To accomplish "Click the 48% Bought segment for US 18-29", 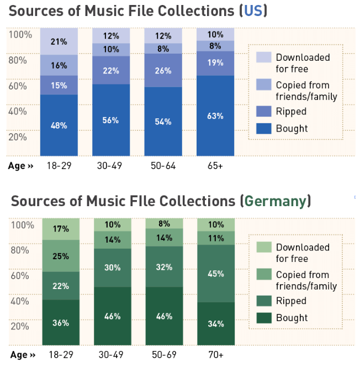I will click(59, 125).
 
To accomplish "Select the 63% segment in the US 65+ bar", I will click(215, 116).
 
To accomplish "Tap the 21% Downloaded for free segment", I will click(59, 41).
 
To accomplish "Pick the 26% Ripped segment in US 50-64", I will click(163, 71).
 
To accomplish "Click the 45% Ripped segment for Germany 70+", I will click(216, 273).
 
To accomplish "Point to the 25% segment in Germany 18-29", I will click(61, 256).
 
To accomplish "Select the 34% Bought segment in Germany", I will click(216, 323).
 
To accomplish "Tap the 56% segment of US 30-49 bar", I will click(111, 120).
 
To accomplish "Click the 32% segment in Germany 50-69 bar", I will click(164, 266).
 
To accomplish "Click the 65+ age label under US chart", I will click(215, 166).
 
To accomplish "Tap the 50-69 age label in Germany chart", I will click(164, 354).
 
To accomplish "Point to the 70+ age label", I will click(216, 354).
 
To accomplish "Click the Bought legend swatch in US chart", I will click(262, 128).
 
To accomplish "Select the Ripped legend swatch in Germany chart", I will click(262, 301).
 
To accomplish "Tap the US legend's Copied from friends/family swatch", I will click(262, 85).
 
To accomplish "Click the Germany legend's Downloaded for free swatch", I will click(262, 247).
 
